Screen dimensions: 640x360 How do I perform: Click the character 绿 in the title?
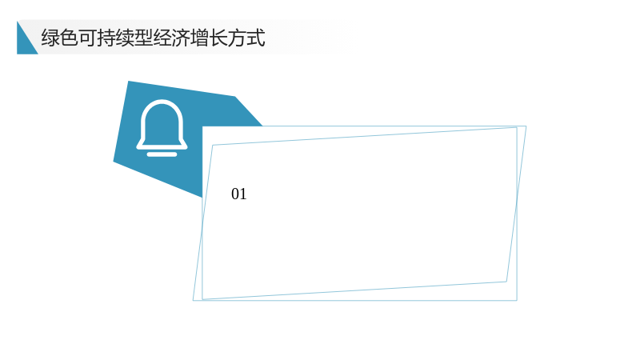coord(50,38)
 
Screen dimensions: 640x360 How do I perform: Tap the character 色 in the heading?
coord(69,38)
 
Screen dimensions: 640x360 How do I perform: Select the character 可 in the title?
coord(88,38)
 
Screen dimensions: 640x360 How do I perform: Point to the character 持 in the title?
coord(106,38)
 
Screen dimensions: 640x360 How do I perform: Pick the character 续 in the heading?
coord(125,38)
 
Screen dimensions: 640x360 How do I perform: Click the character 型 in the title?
coord(144,38)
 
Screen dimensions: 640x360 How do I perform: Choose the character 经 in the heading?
coord(162,38)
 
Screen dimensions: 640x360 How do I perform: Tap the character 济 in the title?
coord(182,38)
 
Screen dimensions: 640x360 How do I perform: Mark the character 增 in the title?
coord(200,38)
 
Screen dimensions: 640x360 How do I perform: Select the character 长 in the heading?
coord(218,38)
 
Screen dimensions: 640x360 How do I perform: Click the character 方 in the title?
coord(237,38)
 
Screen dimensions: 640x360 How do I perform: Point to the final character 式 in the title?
coord(256,38)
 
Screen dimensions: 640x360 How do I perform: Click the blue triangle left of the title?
coord(24,44)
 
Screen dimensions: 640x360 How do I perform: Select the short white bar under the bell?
coord(162,154)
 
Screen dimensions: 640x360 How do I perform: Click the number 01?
coord(238,194)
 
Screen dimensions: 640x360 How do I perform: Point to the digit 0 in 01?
coord(235,194)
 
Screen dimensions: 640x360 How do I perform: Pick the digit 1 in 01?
coord(243,194)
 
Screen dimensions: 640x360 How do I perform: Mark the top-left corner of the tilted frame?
coord(213,145)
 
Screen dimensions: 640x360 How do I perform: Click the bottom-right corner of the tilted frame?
coord(506,282)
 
